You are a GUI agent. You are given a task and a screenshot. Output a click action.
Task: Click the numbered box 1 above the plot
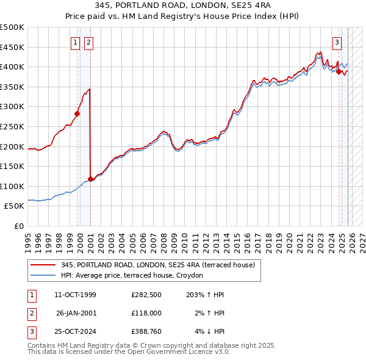75,42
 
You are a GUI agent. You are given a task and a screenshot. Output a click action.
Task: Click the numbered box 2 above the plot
88,42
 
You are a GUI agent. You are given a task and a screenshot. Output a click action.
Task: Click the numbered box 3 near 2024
336,42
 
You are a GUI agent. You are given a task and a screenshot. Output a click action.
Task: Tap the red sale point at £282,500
77,113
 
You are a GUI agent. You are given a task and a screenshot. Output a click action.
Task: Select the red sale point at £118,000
91,179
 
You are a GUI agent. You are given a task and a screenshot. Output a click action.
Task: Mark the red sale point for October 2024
339,71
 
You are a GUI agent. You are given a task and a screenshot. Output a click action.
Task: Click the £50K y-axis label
15,207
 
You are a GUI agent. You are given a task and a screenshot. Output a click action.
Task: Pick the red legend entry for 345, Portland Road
161,265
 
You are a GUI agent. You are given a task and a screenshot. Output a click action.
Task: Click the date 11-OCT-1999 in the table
75,295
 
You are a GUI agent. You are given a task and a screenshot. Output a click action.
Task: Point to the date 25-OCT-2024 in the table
75,331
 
